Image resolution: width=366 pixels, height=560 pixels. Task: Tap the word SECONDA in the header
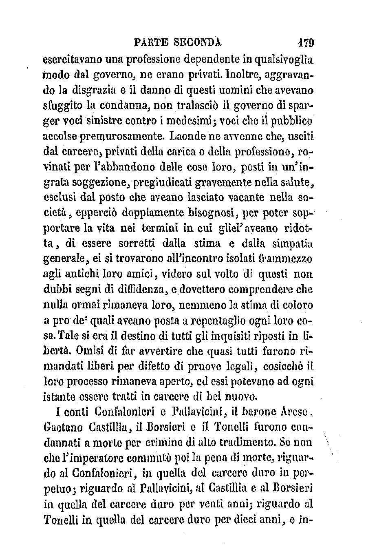coord(197,42)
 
